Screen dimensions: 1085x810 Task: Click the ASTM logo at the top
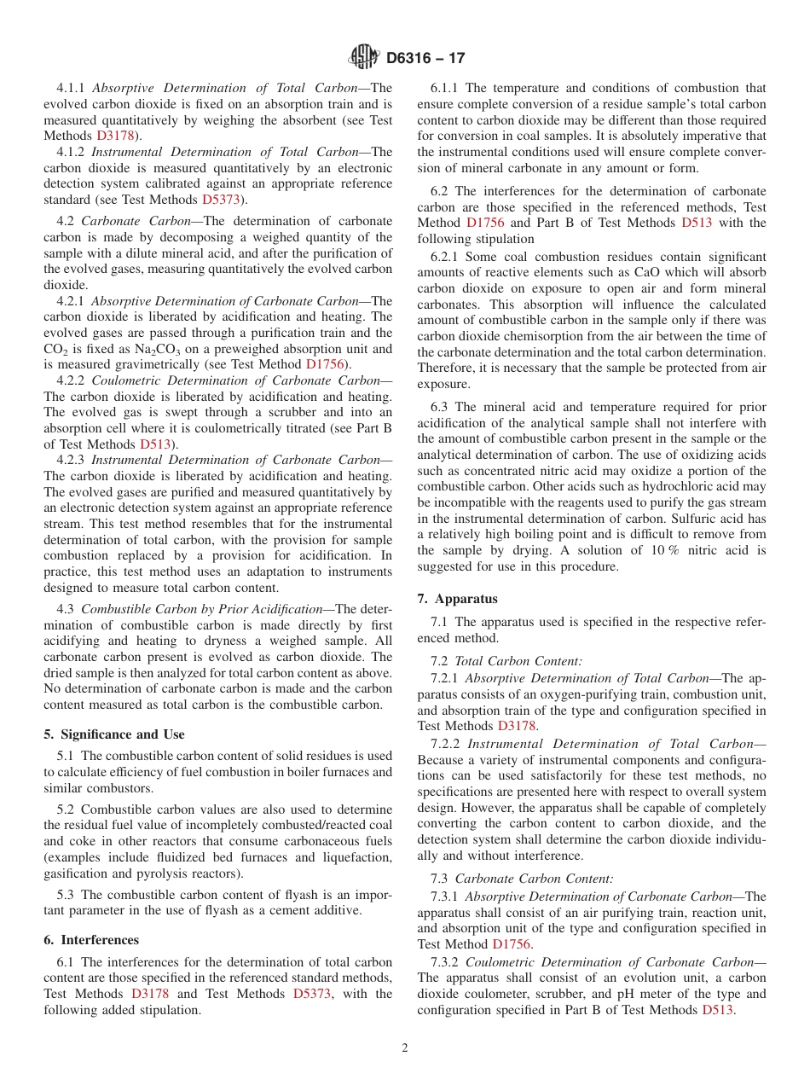click(x=364, y=57)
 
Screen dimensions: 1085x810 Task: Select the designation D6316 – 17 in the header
click(x=425, y=58)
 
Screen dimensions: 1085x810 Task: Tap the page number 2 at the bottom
click(x=405, y=1048)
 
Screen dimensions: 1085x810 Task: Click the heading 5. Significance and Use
click(x=114, y=734)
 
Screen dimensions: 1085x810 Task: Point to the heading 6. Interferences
click(x=91, y=940)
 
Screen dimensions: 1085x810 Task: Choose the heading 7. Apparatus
click(x=457, y=599)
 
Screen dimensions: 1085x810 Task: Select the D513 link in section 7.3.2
click(x=717, y=1010)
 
